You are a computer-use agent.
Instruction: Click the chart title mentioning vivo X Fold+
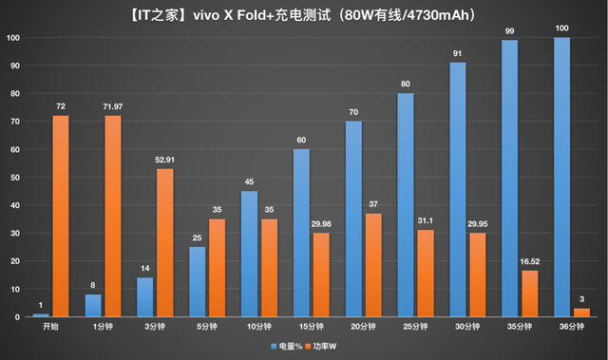(304, 14)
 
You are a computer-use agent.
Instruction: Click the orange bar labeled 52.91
(165, 242)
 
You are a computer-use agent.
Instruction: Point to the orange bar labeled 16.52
(529, 294)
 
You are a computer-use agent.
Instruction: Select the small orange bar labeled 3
(581, 313)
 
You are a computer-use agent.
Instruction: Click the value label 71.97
(113, 106)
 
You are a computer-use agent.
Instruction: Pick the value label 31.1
(426, 220)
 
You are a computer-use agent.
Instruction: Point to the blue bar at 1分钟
(92, 305)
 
